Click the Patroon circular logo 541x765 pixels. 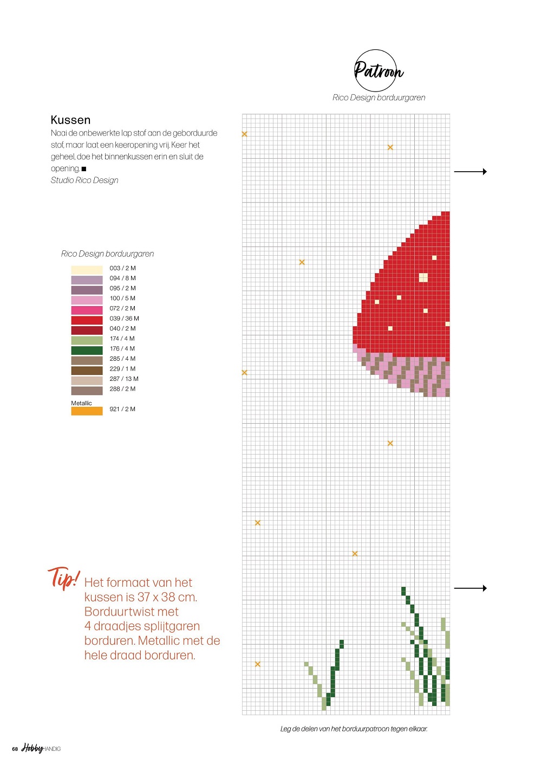[x=377, y=70]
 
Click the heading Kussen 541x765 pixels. [x=70, y=120]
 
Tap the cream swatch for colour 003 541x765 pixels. [x=87, y=269]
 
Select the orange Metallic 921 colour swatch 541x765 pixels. [x=87, y=411]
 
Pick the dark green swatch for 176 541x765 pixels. [x=87, y=350]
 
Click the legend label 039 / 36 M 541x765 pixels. [x=124, y=319]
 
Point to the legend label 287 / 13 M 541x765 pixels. [x=123, y=379]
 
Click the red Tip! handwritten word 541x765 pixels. [x=64, y=578]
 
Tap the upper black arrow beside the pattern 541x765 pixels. [x=470, y=171]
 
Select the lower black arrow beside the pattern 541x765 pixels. [x=470, y=588]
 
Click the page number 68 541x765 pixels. [x=15, y=749]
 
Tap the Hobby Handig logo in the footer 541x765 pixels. [x=41, y=748]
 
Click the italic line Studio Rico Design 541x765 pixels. [x=84, y=180]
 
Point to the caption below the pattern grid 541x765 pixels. [x=354, y=729]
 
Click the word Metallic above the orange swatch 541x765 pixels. [x=81, y=403]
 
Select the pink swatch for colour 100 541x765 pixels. [x=87, y=300]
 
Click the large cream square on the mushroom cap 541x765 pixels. [x=423, y=278]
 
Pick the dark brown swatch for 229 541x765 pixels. [x=87, y=371]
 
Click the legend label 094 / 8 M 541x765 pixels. [x=122, y=278]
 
